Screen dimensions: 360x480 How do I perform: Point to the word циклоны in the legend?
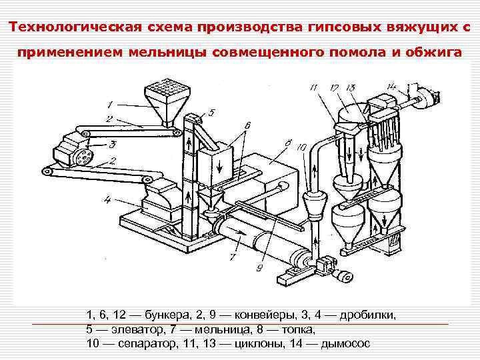pos(261,343)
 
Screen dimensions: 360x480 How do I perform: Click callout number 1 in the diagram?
pos(111,104)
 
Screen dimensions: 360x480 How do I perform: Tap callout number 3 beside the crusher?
pos(113,143)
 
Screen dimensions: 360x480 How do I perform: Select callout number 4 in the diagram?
pos(107,199)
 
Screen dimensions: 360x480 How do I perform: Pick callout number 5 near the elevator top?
pos(211,113)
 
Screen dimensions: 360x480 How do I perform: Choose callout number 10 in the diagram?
pos(301,147)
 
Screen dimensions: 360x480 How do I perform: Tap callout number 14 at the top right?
pos(392,85)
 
